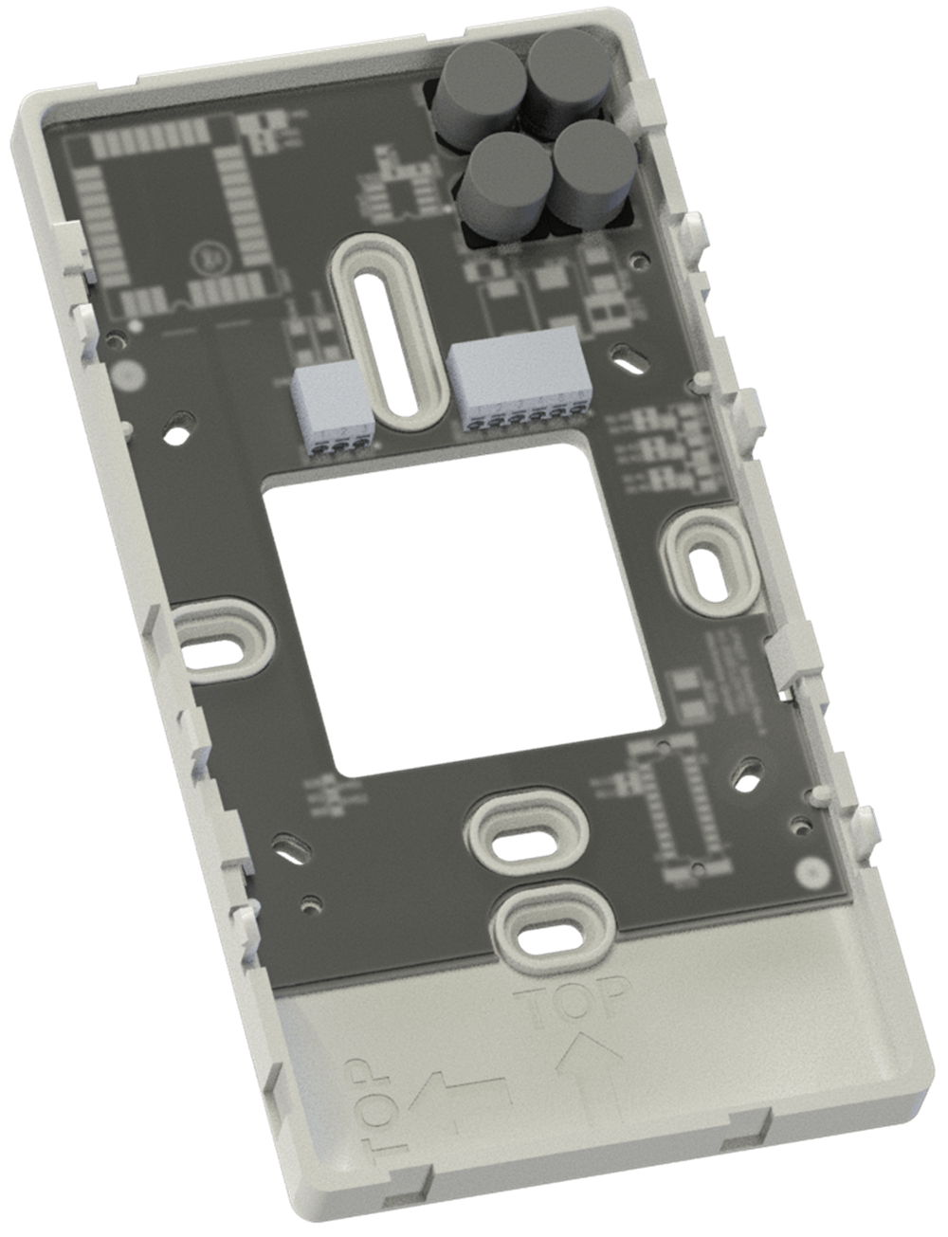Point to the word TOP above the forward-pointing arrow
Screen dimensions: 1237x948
coord(574,1004)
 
